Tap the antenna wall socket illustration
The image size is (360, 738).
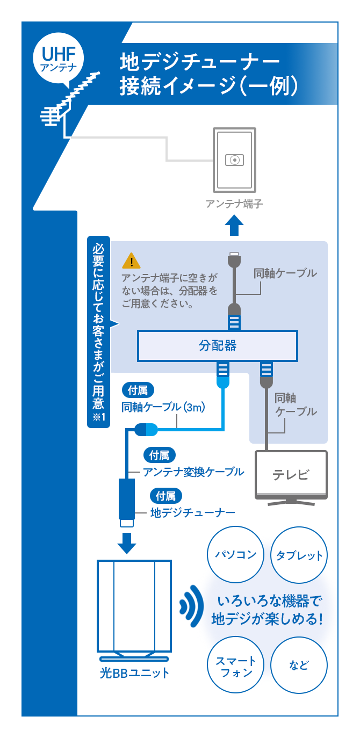pyautogui.click(x=234, y=159)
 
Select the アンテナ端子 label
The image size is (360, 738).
pyautogui.click(x=234, y=204)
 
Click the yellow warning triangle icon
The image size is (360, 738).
pyautogui.click(x=131, y=261)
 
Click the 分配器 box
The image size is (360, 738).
pyautogui.click(x=218, y=345)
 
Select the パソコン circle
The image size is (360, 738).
pyautogui.click(x=235, y=554)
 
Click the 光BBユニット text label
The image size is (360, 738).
pyautogui.click(x=134, y=673)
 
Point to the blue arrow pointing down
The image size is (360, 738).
pyautogui.click(x=127, y=542)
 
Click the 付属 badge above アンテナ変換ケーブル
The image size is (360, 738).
pyautogui.click(x=160, y=455)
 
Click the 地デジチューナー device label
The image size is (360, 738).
pyautogui.click(x=193, y=513)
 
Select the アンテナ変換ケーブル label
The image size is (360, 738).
pyautogui.click(x=193, y=472)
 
